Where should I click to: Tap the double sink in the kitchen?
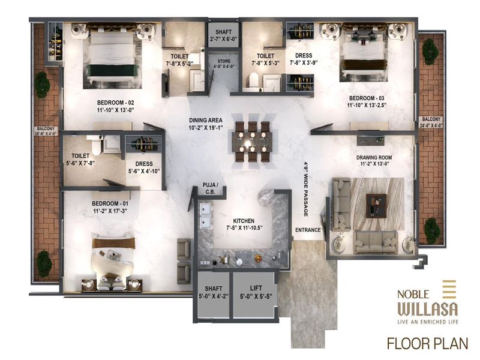point(205,215)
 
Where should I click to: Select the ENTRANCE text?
point(308,230)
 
